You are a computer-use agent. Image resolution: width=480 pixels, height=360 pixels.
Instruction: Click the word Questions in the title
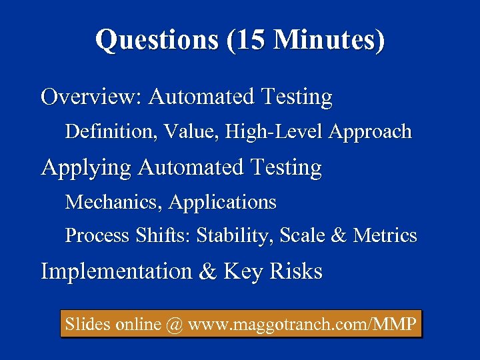pos(157,40)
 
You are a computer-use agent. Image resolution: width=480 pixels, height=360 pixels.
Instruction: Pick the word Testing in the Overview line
pos(297,97)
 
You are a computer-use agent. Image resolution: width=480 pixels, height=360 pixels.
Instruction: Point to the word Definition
pos(107,132)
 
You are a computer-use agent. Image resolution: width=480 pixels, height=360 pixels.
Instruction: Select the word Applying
pos(87,167)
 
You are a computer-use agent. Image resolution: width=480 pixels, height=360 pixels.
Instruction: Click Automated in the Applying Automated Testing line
pos(191,167)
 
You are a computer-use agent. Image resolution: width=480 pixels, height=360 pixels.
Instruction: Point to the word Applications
pos(223,202)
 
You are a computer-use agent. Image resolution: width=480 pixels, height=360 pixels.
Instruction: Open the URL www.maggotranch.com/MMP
pos(303,325)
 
